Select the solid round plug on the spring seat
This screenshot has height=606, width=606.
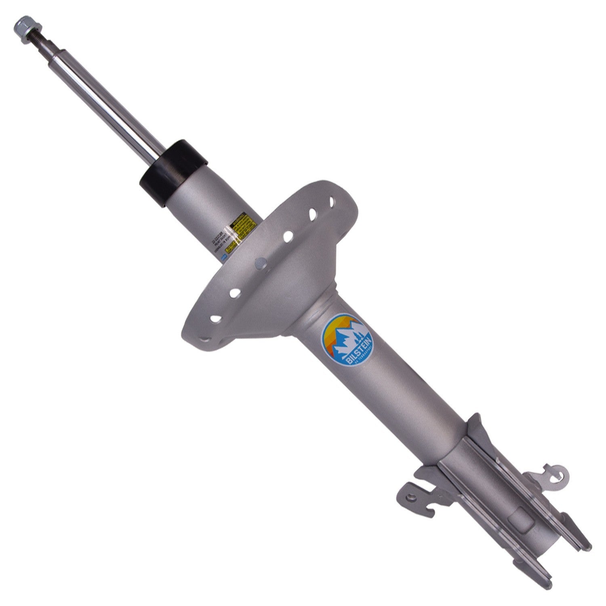(261, 264)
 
